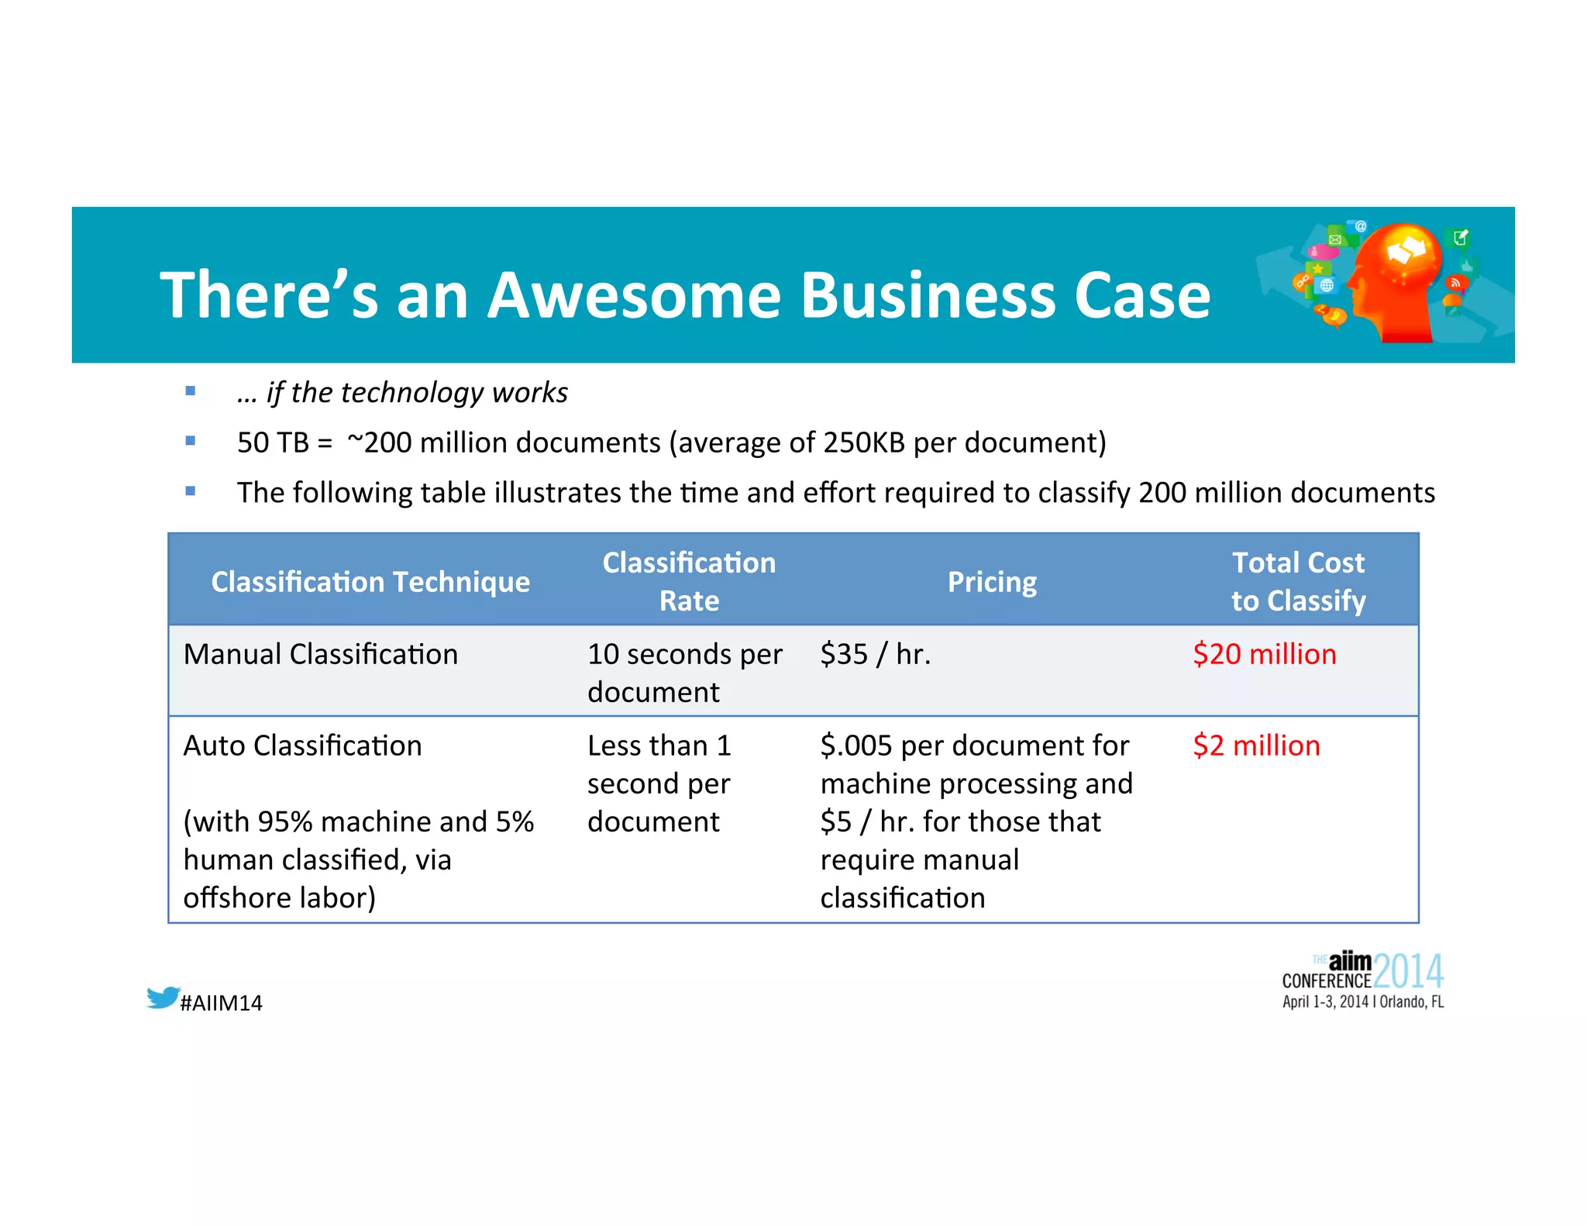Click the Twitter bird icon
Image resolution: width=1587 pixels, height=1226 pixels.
pyautogui.click(x=164, y=997)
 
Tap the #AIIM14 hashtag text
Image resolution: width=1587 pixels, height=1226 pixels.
pyautogui.click(x=222, y=1003)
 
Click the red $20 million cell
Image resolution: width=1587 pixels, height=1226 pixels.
pyautogui.click(x=1264, y=654)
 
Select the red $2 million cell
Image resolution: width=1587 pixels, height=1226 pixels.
pyautogui.click(x=1255, y=746)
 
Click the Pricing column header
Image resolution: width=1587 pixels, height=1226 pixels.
pyautogui.click(x=992, y=582)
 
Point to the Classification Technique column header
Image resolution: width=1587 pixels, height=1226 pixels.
pyautogui.click(x=370, y=582)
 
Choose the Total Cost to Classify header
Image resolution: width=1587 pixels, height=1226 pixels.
pyautogui.click(x=1298, y=581)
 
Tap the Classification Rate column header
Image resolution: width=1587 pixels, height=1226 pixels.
pyautogui.click(x=689, y=581)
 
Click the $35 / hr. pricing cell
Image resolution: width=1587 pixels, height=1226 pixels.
pyautogui.click(x=875, y=654)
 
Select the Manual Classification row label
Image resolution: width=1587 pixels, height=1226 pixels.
pyautogui.click(x=321, y=654)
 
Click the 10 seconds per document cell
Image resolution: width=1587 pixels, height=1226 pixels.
pyautogui.click(x=684, y=672)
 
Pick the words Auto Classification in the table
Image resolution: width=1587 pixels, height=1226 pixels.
pyautogui.click(x=303, y=746)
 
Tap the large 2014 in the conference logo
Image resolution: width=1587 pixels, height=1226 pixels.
pyautogui.click(x=1408, y=972)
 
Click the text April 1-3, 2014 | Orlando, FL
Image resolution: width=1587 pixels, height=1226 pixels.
pyautogui.click(x=1362, y=1002)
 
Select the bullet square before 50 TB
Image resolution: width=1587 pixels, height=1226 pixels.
pyautogui.click(x=191, y=441)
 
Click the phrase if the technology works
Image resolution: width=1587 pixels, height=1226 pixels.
pyautogui.click(x=417, y=393)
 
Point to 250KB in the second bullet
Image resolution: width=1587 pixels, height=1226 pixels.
pyautogui.click(x=864, y=443)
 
